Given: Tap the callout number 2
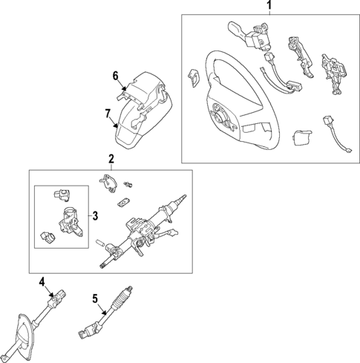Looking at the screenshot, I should [x=111, y=159].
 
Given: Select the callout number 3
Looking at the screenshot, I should [x=94, y=216].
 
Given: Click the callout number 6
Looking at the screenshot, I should [x=115, y=76].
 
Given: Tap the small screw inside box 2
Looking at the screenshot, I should [x=128, y=183].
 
